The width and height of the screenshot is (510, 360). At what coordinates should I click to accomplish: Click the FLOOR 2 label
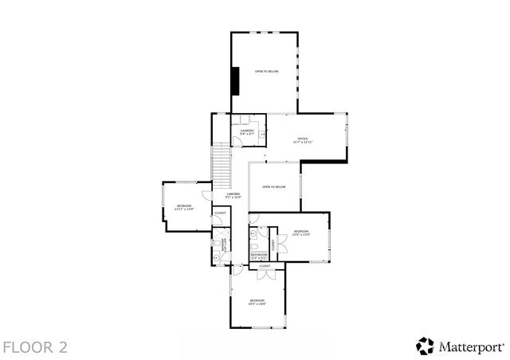tap(34, 347)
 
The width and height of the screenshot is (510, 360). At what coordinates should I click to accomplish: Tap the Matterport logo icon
tap(425, 346)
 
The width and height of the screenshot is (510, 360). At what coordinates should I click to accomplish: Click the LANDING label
tap(233, 195)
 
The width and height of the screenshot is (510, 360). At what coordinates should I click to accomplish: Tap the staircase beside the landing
tap(221, 163)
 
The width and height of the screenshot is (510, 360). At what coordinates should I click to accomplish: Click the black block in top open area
tap(235, 80)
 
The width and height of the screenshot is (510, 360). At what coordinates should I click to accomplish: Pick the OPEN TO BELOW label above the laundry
tap(266, 72)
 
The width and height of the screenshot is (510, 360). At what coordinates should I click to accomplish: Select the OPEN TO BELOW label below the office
tap(273, 187)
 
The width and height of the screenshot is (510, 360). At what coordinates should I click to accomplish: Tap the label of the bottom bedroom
tap(257, 302)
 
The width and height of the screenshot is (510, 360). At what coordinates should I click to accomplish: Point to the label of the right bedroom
tap(301, 233)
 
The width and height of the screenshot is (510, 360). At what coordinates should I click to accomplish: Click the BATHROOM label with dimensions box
tap(259, 256)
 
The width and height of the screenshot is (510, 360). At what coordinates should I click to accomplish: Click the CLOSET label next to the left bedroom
tap(220, 213)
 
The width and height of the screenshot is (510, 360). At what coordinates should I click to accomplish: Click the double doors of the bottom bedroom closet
tap(267, 275)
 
